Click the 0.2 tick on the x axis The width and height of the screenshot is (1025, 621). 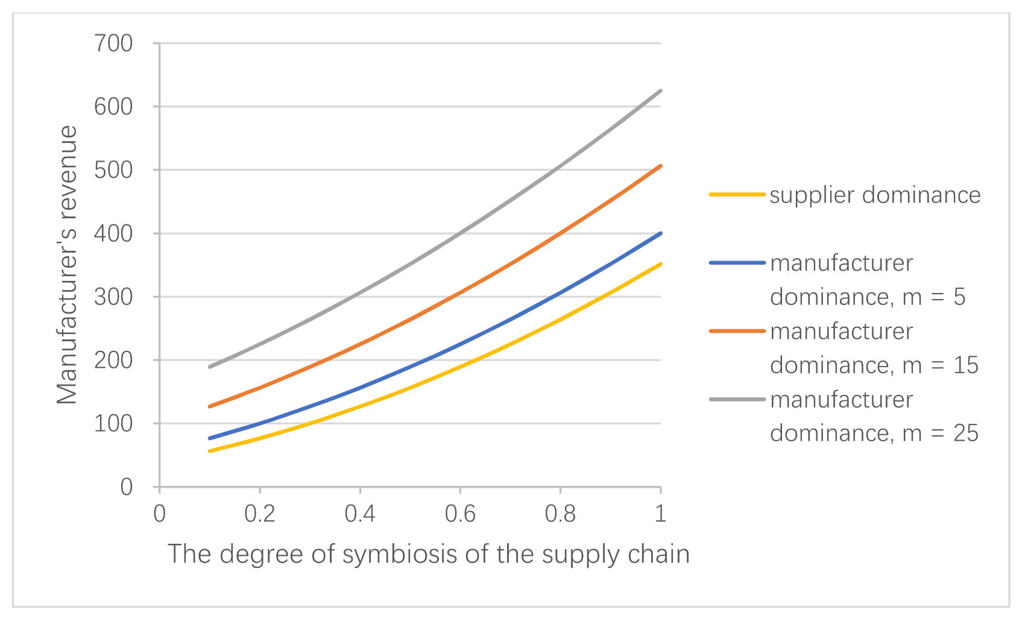[259, 514]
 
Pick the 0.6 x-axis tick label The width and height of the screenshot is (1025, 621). [460, 514]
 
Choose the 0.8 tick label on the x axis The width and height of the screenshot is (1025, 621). [560, 514]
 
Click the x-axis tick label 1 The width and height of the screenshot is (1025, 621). [661, 514]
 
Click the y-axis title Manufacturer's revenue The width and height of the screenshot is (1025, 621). [68, 265]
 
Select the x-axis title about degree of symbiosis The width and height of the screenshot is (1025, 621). [428, 554]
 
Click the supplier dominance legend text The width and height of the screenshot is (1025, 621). [875, 195]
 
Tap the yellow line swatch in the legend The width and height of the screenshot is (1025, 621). [737, 195]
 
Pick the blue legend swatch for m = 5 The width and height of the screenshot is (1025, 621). [737, 263]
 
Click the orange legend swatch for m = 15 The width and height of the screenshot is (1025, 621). [737, 331]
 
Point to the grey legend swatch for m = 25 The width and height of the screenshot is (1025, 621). [737, 399]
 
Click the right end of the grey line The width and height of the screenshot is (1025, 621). [661, 91]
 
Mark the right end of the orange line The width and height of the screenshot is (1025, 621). [661, 166]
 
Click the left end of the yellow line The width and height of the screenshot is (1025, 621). [210, 451]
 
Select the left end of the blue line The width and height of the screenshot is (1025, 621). [210, 438]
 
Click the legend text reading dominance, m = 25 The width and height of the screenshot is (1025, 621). [874, 433]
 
